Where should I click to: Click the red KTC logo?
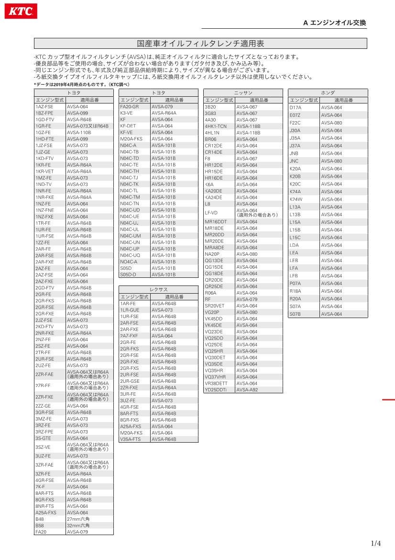[21, 11]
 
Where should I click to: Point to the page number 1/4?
[376, 543]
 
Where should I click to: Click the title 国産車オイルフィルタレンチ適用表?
[200, 44]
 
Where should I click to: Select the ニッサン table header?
[243, 92]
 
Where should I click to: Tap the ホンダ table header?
[328, 92]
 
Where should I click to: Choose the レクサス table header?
[158, 290]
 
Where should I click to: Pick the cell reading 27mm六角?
[78, 519]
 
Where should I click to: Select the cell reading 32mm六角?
[78, 526]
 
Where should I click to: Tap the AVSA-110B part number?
[79, 133]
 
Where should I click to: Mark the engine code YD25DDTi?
[216, 390]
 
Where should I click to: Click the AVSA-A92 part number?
[247, 390]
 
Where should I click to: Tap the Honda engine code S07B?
[296, 314]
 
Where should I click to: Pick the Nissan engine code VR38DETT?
[216, 383]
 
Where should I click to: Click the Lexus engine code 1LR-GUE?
[130, 310]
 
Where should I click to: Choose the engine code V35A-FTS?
[131, 439]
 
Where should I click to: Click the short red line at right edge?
[388, 399]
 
